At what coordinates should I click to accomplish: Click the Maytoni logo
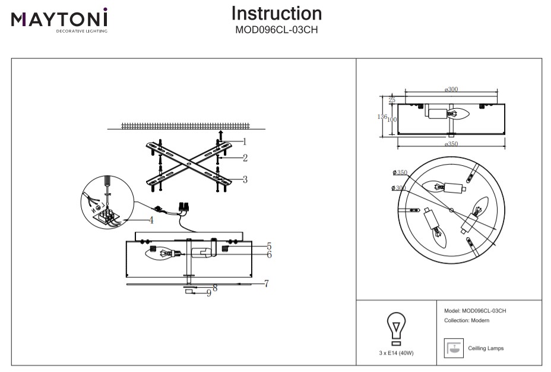click(x=59, y=20)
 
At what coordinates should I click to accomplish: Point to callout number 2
click(x=244, y=158)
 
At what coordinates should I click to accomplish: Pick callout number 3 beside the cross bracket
click(x=245, y=179)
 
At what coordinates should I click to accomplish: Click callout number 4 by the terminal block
click(x=151, y=220)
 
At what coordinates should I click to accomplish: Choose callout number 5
click(x=269, y=245)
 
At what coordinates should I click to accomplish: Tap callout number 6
click(x=269, y=254)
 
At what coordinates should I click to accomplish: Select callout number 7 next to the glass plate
click(x=267, y=283)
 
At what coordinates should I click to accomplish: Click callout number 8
click(x=215, y=288)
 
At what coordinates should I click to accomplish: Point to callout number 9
click(x=209, y=293)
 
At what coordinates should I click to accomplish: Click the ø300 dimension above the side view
click(x=451, y=89)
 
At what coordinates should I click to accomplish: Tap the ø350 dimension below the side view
click(x=451, y=143)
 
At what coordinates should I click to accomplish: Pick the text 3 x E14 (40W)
click(x=396, y=353)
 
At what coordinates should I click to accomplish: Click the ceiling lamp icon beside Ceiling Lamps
click(x=454, y=348)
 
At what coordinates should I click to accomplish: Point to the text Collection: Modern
click(x=466, y=320)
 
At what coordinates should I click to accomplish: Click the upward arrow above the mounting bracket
click(x=220, y=134)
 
